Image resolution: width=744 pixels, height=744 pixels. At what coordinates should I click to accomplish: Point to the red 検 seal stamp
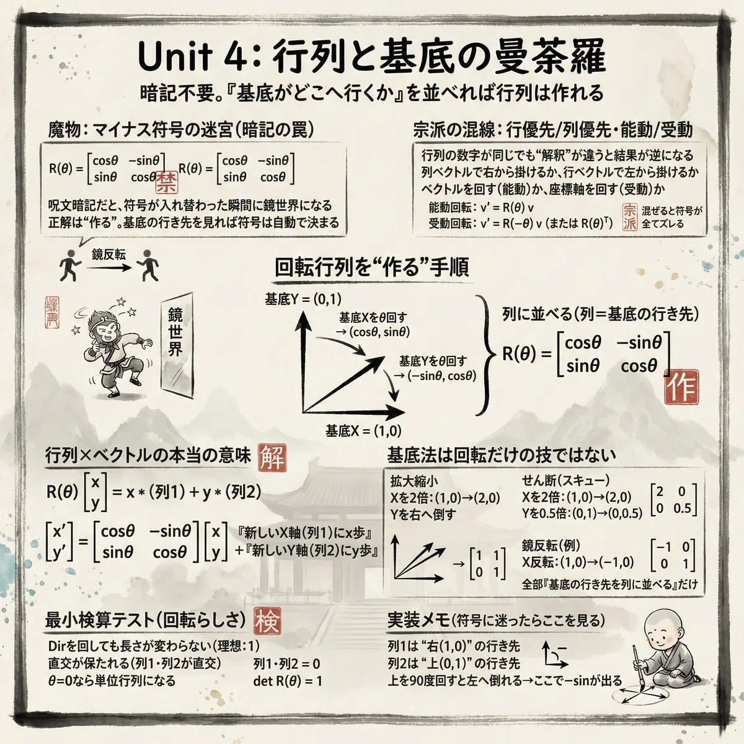(x=268, y=621)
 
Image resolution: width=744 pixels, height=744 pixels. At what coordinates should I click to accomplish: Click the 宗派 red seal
(x=630, y=217)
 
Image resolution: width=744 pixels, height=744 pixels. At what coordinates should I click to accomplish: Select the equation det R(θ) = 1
(x=288, y=681)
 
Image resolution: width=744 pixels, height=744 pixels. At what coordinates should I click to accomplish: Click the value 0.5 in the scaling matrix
(x=682, y=508)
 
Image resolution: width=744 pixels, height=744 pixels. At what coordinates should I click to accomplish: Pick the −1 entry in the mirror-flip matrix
(x=663, y=547)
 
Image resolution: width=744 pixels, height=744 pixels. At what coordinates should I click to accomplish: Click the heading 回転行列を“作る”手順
(x=371, y=268)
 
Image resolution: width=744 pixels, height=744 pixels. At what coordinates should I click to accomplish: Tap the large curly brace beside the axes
(x=485, y=355)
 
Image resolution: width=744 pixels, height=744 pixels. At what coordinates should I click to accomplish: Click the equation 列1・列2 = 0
(x=287, y=664)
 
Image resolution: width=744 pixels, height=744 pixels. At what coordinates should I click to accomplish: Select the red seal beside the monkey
(x=51, y=312)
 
